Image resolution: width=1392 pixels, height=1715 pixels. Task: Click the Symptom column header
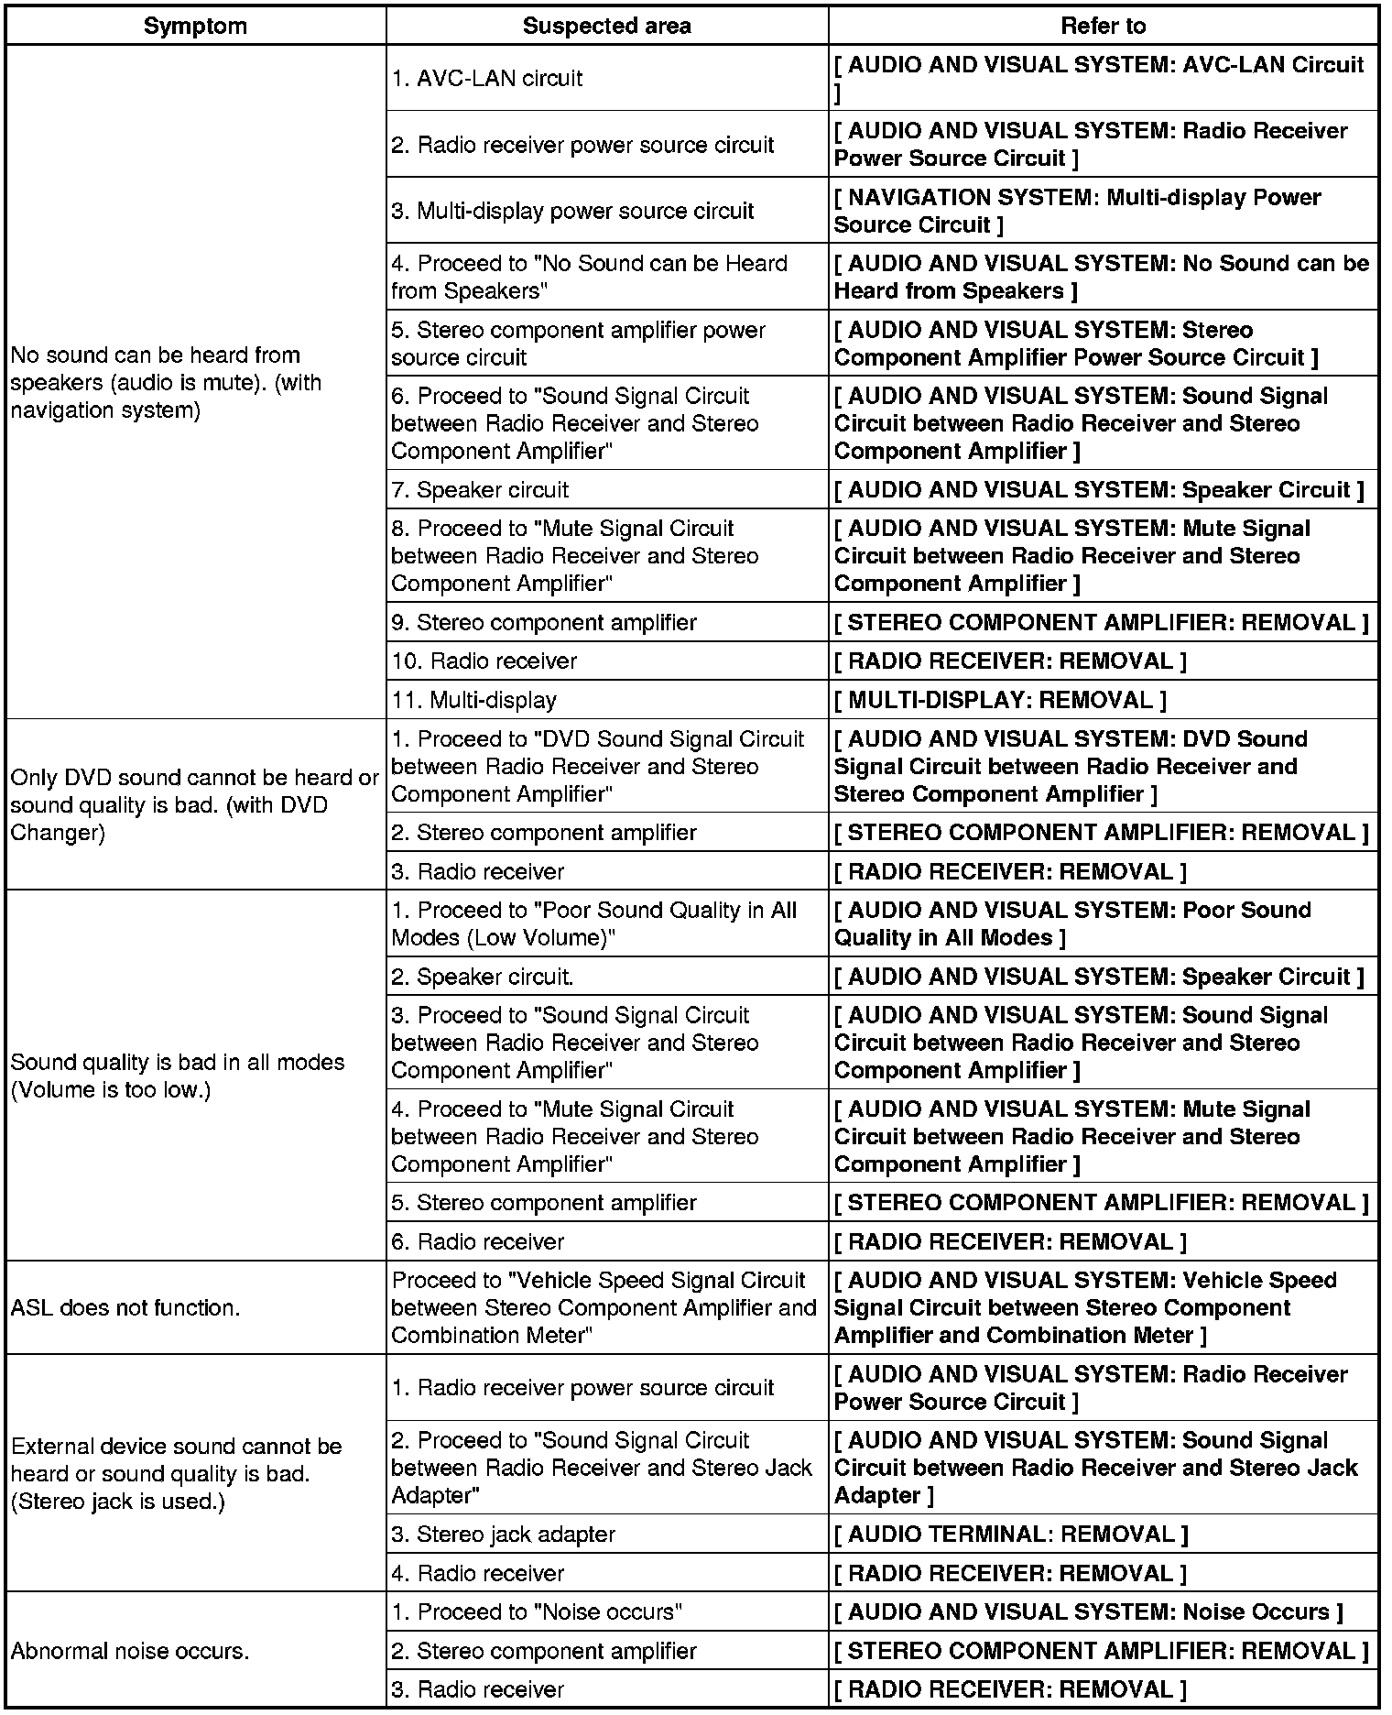click(x=195, y=26)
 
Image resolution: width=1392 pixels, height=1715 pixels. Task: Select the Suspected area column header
click(x=606, y=26)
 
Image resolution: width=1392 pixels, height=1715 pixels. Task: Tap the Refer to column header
click(x=1103, y=26)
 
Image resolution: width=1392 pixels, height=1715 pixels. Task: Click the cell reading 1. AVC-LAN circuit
click(x=486, y=79)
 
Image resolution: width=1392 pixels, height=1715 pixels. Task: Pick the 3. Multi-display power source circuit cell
click(x=572, y=211)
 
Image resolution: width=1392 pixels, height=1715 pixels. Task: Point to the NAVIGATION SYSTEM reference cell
click(x=1077, y=211)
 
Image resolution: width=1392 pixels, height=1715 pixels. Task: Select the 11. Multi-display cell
click(x=473, y=700)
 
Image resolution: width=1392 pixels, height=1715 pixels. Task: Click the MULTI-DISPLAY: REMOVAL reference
click(x=1000, y=700)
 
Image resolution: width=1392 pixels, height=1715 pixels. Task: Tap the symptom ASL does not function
click(x=125, y=1307)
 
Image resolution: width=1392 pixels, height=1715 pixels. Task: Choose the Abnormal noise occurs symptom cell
click(x=129, y=1651)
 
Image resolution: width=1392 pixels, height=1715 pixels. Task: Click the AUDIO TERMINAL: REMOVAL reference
click(x=1011, y=1534)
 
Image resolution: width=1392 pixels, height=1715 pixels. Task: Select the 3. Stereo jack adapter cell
click(x=503, y=1534)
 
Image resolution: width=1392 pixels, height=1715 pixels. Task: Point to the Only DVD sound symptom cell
click(x=194, y=804)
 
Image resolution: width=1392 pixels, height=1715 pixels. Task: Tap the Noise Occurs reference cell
click(x=1088, y=1611)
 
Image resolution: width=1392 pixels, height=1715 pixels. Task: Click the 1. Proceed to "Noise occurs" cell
click(x=537, y=1611)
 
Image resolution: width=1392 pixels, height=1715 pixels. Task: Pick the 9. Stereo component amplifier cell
click(x=544, y=622)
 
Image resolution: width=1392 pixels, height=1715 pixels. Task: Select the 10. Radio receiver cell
click(x=484, y=661)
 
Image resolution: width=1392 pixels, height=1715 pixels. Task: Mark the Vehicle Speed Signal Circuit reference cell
click(x=1085, y=1307)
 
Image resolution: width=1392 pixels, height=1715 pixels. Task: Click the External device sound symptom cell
click(x=176, y=1473)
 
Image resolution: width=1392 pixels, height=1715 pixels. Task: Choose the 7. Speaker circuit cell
click(x=480, y=489)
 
